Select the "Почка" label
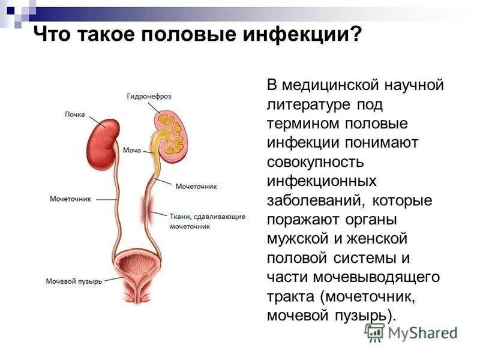point(75,115)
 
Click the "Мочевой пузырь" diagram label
point(74,280)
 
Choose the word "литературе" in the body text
point(311,105)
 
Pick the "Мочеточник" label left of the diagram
point(70,200)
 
